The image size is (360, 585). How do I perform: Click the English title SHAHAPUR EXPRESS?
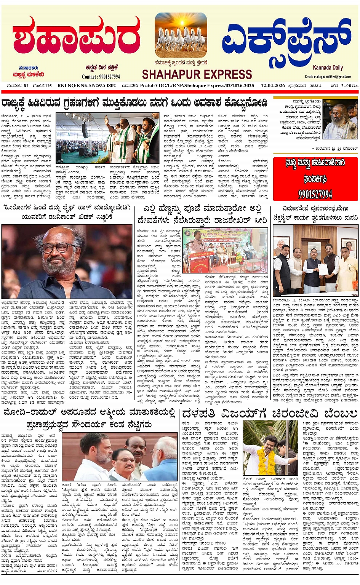pos(197,74)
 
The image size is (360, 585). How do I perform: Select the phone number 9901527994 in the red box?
pos(315,194)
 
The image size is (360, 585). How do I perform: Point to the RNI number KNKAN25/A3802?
pos(86,86)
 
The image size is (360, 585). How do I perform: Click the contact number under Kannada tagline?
pos(101,77)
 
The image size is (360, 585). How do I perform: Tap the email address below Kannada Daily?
pos(328,77)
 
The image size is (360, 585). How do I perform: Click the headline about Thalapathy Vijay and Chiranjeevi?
pos(270,414)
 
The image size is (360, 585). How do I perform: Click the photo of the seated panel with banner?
pos(225,251)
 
